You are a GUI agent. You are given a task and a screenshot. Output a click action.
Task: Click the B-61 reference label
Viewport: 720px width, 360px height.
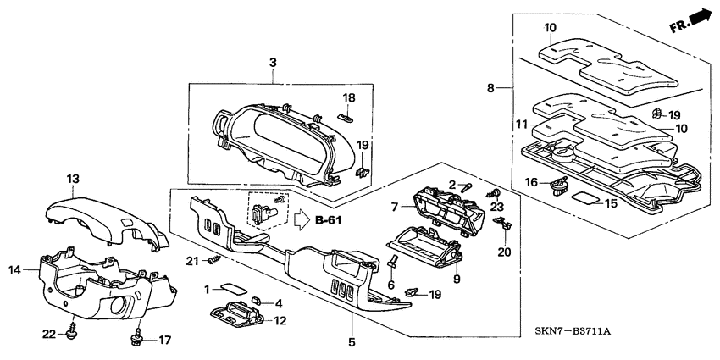coord(329,222)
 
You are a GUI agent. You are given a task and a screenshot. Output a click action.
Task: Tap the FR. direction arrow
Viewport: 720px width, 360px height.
coord(690,20)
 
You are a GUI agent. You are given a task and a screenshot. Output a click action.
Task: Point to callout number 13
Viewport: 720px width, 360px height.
coord(73,179)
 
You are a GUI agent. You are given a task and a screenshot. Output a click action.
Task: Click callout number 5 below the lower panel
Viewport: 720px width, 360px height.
coord(352,342)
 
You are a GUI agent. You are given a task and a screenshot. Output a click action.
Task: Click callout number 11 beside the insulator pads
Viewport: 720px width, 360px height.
coord(521,124)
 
